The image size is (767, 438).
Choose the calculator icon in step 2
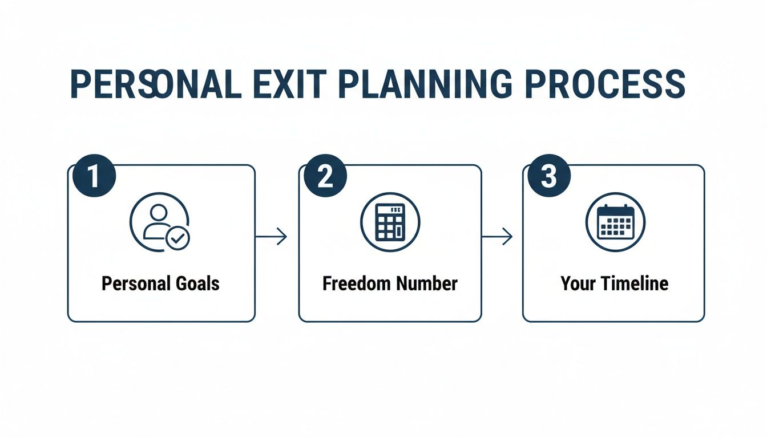(390, 222)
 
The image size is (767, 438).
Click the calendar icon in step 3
(615, 222)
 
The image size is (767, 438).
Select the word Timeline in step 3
(633, 283)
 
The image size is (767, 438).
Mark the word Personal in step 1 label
(136, 283)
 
